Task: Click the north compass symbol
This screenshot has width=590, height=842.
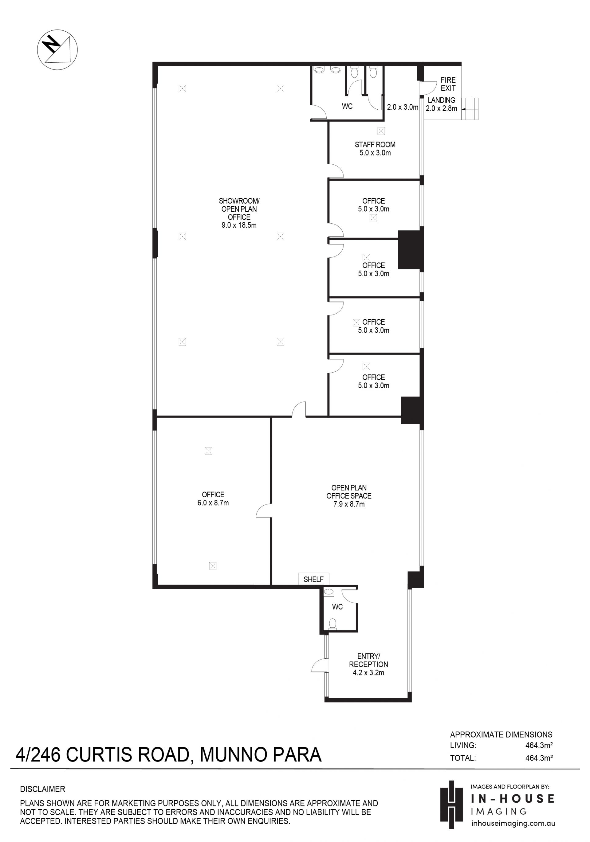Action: coord(57,49)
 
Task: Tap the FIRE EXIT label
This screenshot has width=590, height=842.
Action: coord(448,84)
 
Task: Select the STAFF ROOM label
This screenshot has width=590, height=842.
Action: coord(375,144)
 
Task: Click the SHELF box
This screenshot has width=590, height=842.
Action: coord(313,579)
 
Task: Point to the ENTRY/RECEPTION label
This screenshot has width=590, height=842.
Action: coord(368,660)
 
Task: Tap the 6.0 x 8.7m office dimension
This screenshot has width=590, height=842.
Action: coord(213,503)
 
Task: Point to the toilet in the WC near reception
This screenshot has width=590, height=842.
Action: coord(333,624)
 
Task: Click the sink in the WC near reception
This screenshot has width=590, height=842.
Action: coord(329,591)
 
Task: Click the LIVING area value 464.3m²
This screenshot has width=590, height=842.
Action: coord(539,745)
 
